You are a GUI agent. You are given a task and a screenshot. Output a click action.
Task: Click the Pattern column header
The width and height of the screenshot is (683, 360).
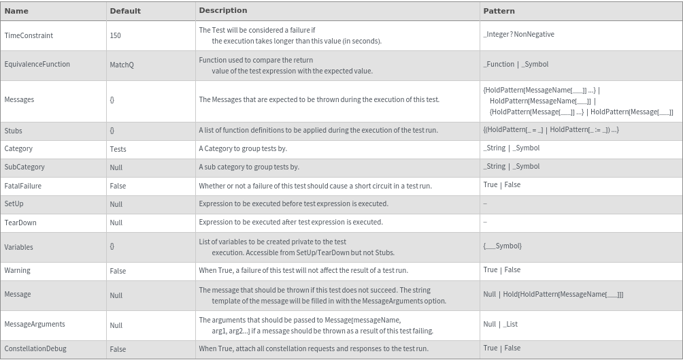click(x=499, y=11)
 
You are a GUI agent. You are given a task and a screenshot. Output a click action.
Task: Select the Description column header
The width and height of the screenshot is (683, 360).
click(x=222, y=10)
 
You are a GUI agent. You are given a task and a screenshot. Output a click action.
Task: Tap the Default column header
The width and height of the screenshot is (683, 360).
click(x=125, y=11)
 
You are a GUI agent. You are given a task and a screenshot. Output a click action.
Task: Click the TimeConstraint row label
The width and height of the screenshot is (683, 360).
click(x=29, y=35)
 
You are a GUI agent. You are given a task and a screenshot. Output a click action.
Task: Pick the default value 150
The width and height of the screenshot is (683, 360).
click(x=115, y=35)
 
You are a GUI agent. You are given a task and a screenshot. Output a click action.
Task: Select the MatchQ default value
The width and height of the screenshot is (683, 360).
click(x=122, y=65)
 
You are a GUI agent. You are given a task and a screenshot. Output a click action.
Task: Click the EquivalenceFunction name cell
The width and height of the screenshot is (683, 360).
click(x=37, y=64)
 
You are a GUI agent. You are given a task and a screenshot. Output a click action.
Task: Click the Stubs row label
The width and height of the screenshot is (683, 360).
click(x=13, y=130)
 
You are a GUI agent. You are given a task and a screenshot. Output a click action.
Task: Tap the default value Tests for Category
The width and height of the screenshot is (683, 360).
click(x=118, y=149)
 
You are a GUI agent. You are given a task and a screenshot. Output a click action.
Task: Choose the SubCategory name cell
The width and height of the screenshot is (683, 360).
click(x=24, y=167)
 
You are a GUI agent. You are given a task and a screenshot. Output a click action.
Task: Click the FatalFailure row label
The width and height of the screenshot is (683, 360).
click(x=22, y=185)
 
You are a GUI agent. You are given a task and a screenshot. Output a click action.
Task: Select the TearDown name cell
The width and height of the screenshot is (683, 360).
click(x=20, y=223)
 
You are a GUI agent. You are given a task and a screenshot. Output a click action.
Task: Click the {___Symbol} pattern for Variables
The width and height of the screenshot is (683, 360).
click(x=502, y=246)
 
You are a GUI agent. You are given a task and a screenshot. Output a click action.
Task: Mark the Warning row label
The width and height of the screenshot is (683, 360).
click(x=17, y=270)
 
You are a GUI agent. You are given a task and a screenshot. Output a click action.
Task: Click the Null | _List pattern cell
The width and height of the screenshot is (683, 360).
click(x=500, y=324)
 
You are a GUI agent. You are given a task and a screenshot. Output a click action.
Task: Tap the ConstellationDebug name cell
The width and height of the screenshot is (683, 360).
click(x=35, y=348)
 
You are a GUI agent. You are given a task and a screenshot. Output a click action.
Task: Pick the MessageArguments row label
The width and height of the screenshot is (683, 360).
click(x=35, y=324)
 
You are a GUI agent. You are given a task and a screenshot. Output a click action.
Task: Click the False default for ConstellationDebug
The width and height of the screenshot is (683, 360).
click(x=118, y=349)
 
